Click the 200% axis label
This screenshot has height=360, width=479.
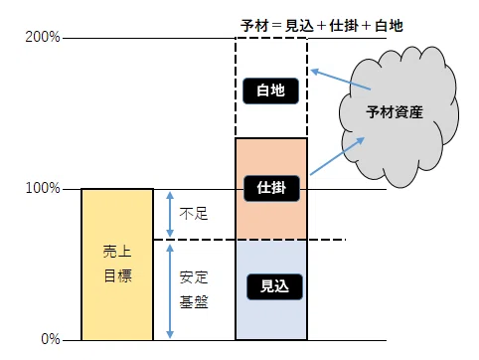coord(43,37)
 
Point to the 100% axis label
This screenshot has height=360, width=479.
coord(43,188)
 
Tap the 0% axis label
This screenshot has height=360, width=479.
coord(51,339)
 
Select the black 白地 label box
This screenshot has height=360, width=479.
coord(271,90)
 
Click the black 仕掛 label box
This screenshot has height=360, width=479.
coord(271,188)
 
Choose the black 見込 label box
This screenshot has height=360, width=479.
coord(274,286)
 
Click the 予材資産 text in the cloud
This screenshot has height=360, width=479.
coord(395,112)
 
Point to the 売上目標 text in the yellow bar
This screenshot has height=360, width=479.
coord(117,264)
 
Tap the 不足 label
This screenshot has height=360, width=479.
coord(194,214)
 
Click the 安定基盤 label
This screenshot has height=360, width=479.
coord(194,290)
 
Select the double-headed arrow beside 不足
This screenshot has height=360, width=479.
coord(170,215)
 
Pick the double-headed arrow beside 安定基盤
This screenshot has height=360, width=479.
coord(170,291)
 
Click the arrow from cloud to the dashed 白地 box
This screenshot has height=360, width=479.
coord(341,80)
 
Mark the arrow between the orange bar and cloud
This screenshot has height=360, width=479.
coord(337,156)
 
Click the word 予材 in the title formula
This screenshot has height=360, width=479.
coord(254,26)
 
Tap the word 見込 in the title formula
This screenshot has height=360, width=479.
coord(299,26)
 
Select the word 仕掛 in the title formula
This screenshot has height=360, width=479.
coord(344,26)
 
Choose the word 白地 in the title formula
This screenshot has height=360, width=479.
coord(389,26)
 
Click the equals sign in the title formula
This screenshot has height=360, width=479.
coord(276,26)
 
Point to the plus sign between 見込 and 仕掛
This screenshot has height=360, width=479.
coord(321,26)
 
